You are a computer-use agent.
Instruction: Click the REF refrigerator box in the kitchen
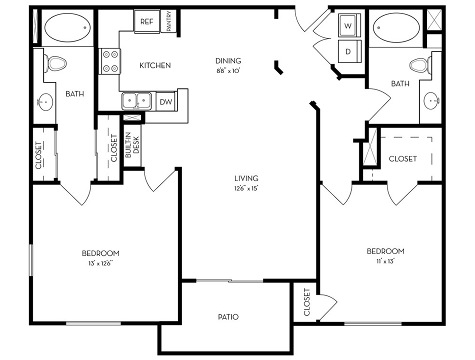pos(146,21)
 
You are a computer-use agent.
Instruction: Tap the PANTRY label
pos(169,22)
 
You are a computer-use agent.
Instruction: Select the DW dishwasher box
pos(166,102)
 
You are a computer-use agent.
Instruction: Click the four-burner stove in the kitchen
pos(109,61)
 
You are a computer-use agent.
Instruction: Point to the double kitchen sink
pos(137,101)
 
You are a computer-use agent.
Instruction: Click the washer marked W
pos(348,25)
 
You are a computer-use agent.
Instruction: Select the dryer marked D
pos(348,51)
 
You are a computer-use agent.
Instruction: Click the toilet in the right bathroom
pos(419,64)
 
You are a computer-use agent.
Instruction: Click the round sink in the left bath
pos(44,103)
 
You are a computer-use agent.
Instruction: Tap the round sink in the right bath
pos(431,101)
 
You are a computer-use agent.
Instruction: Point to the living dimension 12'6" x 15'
pos(246,188)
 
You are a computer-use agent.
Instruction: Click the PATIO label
pos(228,317)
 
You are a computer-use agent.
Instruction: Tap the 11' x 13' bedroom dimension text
pos(385,261)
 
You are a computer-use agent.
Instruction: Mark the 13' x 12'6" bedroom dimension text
pos(100,263)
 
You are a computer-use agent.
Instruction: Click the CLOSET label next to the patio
pos(307,301)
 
